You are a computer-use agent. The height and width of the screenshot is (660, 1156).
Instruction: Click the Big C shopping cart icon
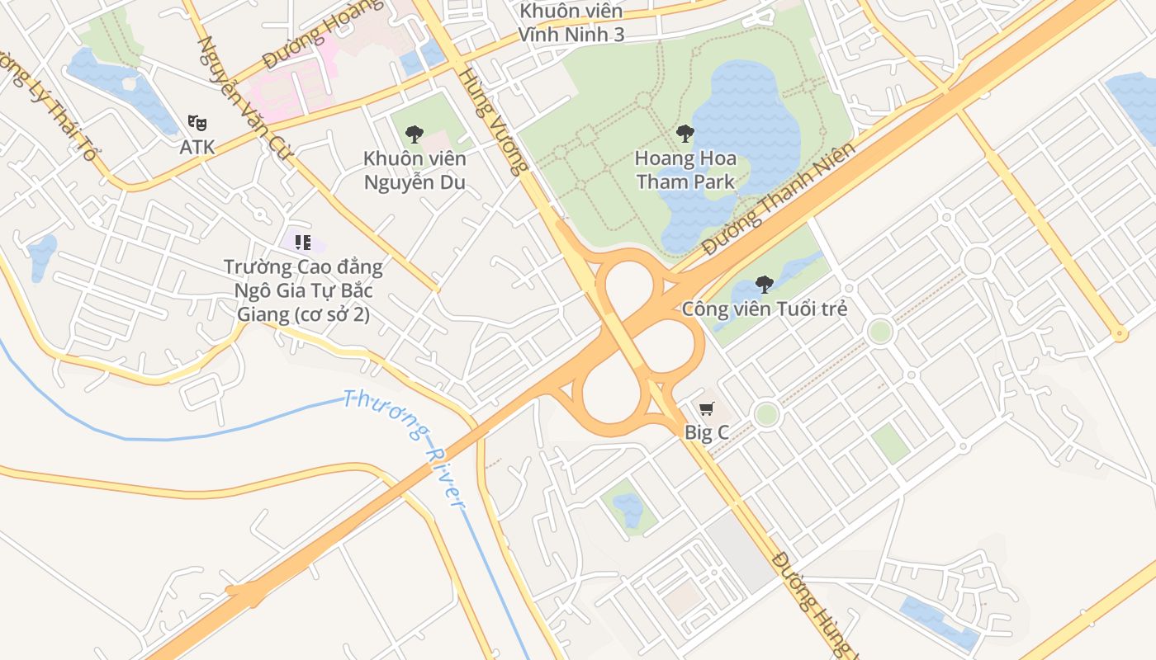click(x=706, y=409)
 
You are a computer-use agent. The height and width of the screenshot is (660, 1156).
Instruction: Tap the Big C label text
click(x=706, y=432)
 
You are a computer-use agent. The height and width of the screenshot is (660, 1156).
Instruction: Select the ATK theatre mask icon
click(x=197, y=123)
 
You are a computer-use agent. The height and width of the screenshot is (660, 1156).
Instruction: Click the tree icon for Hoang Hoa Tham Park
click(x=685, y=133)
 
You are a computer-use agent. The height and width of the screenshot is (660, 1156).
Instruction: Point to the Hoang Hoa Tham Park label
click(x=685, y=169)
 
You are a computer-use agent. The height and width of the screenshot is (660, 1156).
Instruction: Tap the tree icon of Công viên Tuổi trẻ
click(x=765, y=285)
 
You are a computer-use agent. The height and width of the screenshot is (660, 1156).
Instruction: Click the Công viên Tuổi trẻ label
click(x=764, y=309)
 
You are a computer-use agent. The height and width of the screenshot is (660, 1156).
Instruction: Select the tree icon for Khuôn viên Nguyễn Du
click(x=415, y=134)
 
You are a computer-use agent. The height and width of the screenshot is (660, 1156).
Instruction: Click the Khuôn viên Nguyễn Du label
click(x=415, y=170)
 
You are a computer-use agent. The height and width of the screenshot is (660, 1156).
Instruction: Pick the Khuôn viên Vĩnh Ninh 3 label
click(x=571, y=22)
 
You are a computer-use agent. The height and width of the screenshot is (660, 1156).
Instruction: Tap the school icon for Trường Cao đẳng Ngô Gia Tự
click(x=303, y=243)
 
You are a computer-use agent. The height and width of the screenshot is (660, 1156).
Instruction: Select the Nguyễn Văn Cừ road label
click(x=245, y=95)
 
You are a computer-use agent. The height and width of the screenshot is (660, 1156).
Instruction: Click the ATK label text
click(x=197, y=148)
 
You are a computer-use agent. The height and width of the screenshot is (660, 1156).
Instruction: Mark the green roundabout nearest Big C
click(x=766, y=414)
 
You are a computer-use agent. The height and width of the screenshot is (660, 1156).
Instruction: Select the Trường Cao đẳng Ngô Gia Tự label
click(x=303, y=290)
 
